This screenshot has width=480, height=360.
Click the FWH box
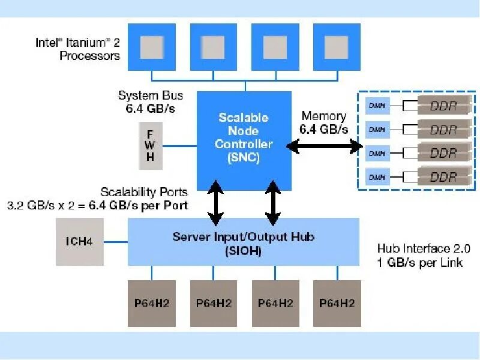pyautogui.click(x=151, y=146)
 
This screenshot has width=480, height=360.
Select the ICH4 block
pyautogui.click(x=80, y=242)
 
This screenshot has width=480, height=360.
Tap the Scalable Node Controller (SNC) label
pyautogui.click(x=244, y=137)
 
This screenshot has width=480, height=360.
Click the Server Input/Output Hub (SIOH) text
pyautogui.click(x=244, y=244)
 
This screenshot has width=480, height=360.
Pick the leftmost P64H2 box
pyautogui.click(x=152, y=304)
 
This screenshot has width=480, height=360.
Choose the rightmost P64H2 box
pyautogui.click(x=337, y=304)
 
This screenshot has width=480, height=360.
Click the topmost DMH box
pyautogui.click(x=377, y=106)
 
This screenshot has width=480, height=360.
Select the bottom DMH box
pyautogui.click(x=377, y=177)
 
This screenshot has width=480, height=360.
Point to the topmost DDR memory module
pyautogui.click(x=445, y=105)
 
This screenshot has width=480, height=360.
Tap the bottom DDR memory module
pyautogui.click(x=445, y=176)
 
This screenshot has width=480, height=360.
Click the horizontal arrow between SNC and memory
pyautogui.click(x=325, y=146)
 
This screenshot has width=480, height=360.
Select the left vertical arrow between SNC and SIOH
pyautogui.click(x=215, y=203)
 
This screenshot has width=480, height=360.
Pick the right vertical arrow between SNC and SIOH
pyautogui.click(x=273, y=203)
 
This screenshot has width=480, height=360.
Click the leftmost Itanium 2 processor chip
pyautogui.click(x=152, y=47)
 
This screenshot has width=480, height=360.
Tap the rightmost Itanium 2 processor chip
pyautogui.click(x=337, y=47)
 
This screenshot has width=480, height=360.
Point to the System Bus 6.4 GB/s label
pyautogui.click(x=151, y=101)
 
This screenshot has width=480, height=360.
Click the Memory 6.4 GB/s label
pyautogui.click(x=324, y=122)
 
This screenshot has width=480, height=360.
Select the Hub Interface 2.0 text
pyautogui.click(x=424, y=248)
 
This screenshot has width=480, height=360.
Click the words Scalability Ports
pyautogui.click(x=144, y=192)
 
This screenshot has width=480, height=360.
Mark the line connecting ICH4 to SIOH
pyautogui.click(x=116, y=242)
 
